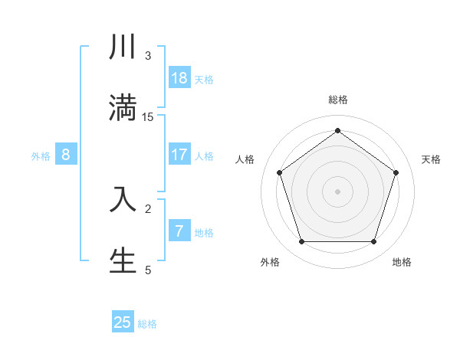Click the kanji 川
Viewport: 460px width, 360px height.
(x=123, y=47)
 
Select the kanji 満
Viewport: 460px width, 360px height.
(x=123, y=106)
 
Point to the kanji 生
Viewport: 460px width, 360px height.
(x=123, y=260)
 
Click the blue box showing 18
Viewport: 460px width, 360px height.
(x=179, y=78)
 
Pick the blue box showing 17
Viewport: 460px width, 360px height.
(x=179, y=155)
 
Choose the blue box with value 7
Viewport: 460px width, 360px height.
(x=179, y=231)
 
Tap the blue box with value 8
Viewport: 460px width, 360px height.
(x=66, y=155)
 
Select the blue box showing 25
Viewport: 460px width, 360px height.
(x=123, y=322)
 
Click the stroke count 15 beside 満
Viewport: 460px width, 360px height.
(x=148, y=116)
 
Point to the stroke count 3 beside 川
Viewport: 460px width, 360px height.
(x=148, y=56)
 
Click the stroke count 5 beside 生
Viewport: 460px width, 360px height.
(x=148, y=270)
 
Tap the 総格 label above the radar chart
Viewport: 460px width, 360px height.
(x=338, y=100)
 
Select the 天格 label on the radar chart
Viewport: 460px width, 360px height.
(x=431, y=159)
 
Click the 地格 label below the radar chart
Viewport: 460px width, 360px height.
(x=402, y=262)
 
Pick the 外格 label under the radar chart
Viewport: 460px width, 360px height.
(x=270, y=262)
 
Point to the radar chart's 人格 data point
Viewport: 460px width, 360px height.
(x=279, y=172)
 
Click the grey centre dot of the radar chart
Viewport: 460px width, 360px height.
(x=337, y=191)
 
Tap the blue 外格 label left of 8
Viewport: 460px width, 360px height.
(x=41, y=156)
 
